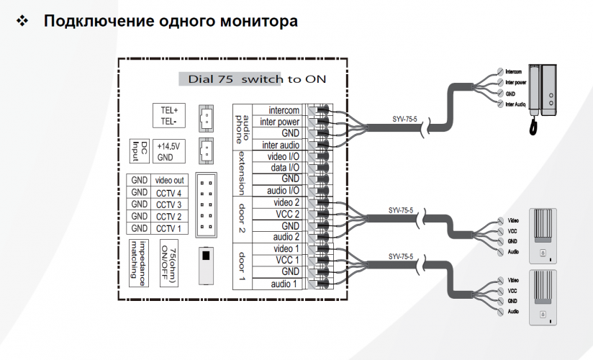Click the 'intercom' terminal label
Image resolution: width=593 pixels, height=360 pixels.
283,110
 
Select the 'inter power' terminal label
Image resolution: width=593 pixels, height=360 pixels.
280,122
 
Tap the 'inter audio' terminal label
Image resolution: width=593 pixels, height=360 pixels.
280,145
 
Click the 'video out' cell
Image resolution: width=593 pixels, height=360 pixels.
168,180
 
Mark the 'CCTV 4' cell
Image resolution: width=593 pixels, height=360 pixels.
168,192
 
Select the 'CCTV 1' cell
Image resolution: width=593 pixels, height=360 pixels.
168,228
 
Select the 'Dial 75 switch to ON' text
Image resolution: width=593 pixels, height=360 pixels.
251,79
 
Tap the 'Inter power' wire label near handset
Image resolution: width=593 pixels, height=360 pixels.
517,82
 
